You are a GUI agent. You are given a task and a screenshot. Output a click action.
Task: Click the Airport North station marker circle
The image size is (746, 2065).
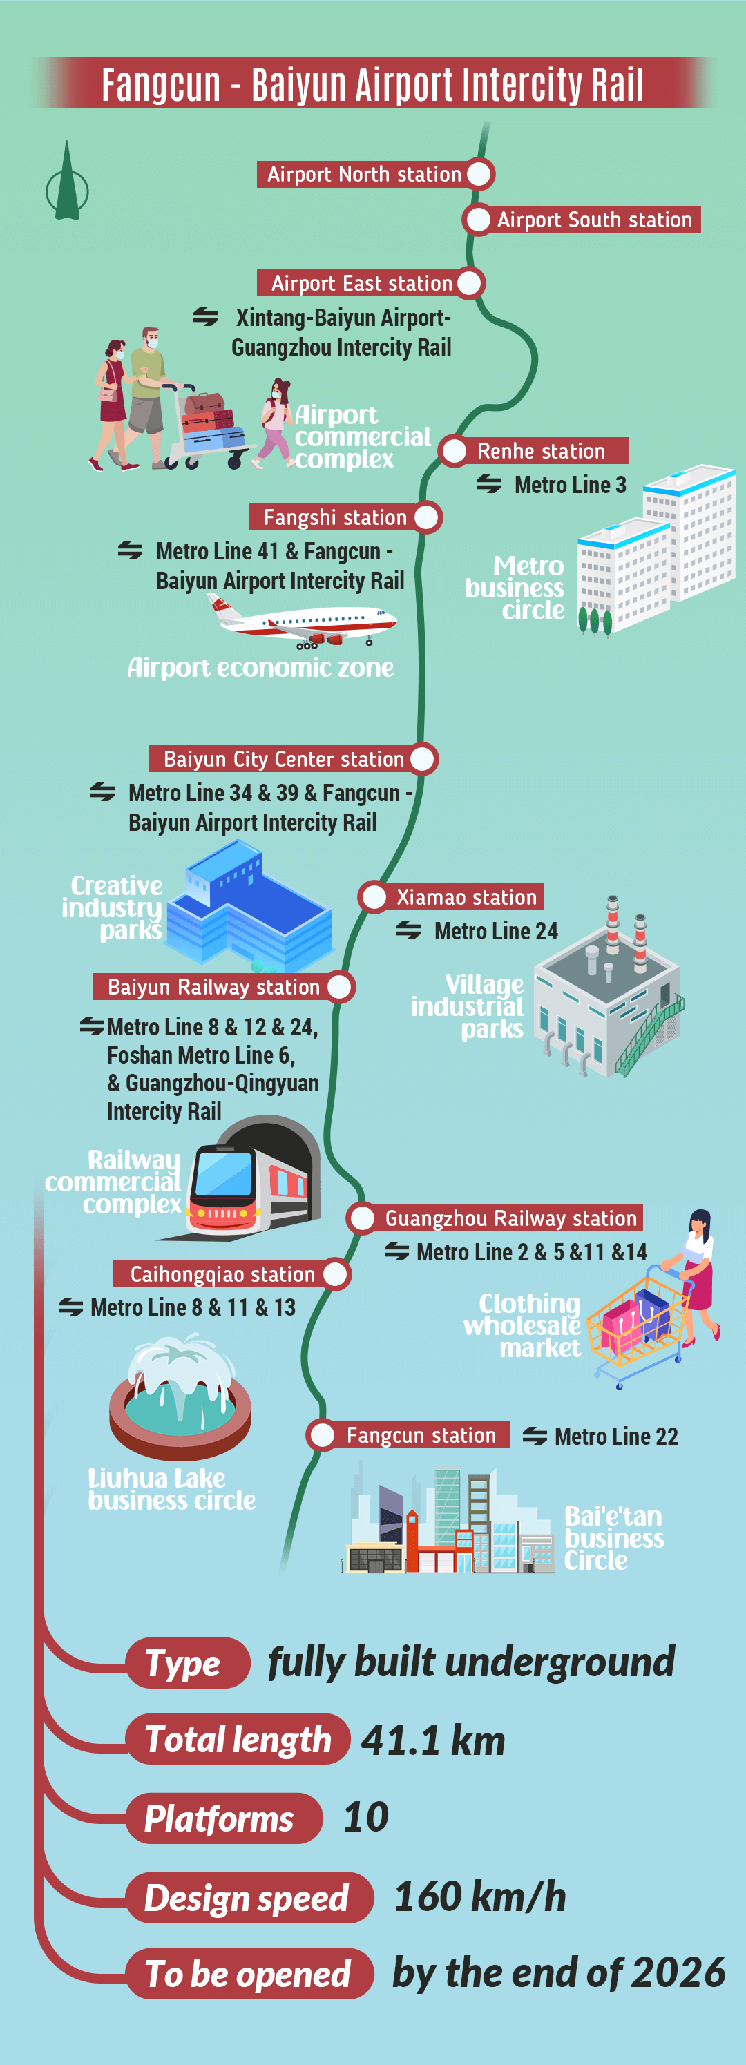click(x=479, y=174)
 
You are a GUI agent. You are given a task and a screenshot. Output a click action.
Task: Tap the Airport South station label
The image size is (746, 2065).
click(x=593, y=220)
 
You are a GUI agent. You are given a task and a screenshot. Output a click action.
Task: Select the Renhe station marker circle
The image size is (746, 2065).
click(x=455, y=450)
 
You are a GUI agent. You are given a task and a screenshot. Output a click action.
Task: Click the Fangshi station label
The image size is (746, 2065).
click(x=334, y=517)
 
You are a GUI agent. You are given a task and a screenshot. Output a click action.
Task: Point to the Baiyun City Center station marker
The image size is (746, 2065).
click(x=423, y=758)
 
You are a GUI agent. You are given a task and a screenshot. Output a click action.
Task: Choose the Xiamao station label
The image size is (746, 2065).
click(x=466, y=897)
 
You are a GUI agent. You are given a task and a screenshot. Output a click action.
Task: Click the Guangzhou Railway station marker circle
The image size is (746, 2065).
click(x=363, y=1218)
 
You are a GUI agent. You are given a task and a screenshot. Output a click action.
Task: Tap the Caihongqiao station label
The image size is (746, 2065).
click(x=222, y=1274)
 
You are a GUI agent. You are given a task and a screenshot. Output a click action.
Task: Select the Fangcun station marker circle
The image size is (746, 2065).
click(x=323, y=1435)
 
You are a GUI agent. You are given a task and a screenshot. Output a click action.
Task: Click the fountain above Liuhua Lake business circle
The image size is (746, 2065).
click(x=180, y=1395)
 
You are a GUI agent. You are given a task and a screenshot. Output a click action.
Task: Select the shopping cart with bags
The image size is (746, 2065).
click(x=638, y=1323)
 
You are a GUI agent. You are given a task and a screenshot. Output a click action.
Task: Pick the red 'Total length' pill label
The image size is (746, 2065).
click(x=238, y=1739)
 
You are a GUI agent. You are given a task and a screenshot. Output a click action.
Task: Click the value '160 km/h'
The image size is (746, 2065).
click(x=479, y=1896)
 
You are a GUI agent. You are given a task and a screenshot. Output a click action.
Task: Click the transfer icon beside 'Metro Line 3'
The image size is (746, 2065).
click(x=488, y=484)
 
